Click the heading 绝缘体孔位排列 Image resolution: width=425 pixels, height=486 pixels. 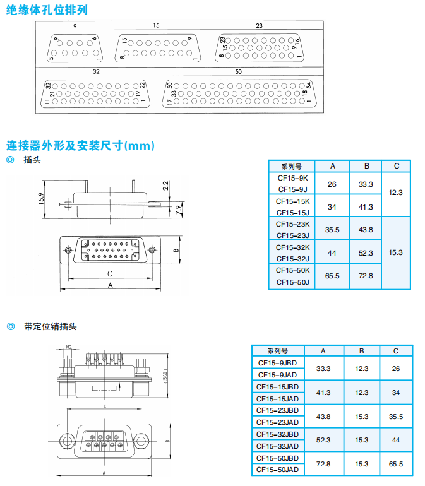(47, 9)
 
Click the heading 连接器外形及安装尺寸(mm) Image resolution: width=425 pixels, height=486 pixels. (80, 145)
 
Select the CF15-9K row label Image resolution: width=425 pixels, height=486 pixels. (292, 179)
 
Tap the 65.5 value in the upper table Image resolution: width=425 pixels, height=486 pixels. (332, 276)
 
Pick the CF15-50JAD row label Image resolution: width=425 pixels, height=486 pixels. (278, 470)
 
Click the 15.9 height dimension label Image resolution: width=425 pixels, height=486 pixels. (40, 198)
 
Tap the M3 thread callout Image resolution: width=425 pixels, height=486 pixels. (69, 347)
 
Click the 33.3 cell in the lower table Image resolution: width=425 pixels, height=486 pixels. (323, 369)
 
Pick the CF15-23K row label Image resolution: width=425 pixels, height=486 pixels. (292, 224)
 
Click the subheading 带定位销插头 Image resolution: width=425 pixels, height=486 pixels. (51, 326)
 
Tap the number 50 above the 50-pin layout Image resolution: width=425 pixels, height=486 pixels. (238, 71)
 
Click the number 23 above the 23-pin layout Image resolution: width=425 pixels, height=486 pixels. (259, 25)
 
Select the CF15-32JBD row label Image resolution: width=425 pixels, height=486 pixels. (278, 434)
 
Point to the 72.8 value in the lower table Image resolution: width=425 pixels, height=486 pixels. (323, 464)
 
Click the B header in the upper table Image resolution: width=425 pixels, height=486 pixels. (366, 166)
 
